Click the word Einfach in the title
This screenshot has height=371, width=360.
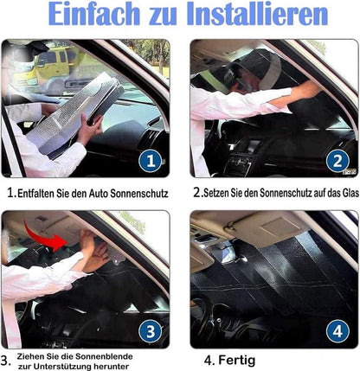(94, 14)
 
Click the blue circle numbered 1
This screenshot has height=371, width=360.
(151, 161)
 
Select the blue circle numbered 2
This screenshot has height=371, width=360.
(337, 161)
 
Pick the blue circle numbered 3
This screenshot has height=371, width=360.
(151, 331)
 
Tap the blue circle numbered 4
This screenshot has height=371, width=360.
(337, 331)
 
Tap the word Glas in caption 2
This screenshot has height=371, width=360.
(350, 193)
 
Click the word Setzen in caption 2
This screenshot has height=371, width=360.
(215, 193)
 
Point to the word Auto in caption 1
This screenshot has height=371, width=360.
(98, 194)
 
